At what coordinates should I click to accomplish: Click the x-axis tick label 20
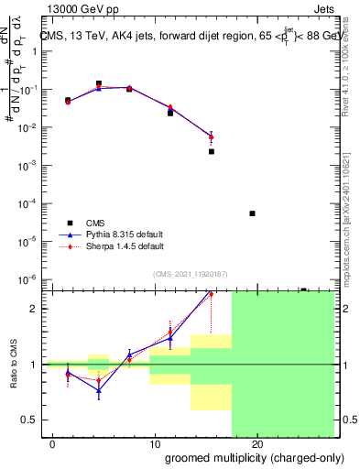(257, 444)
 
